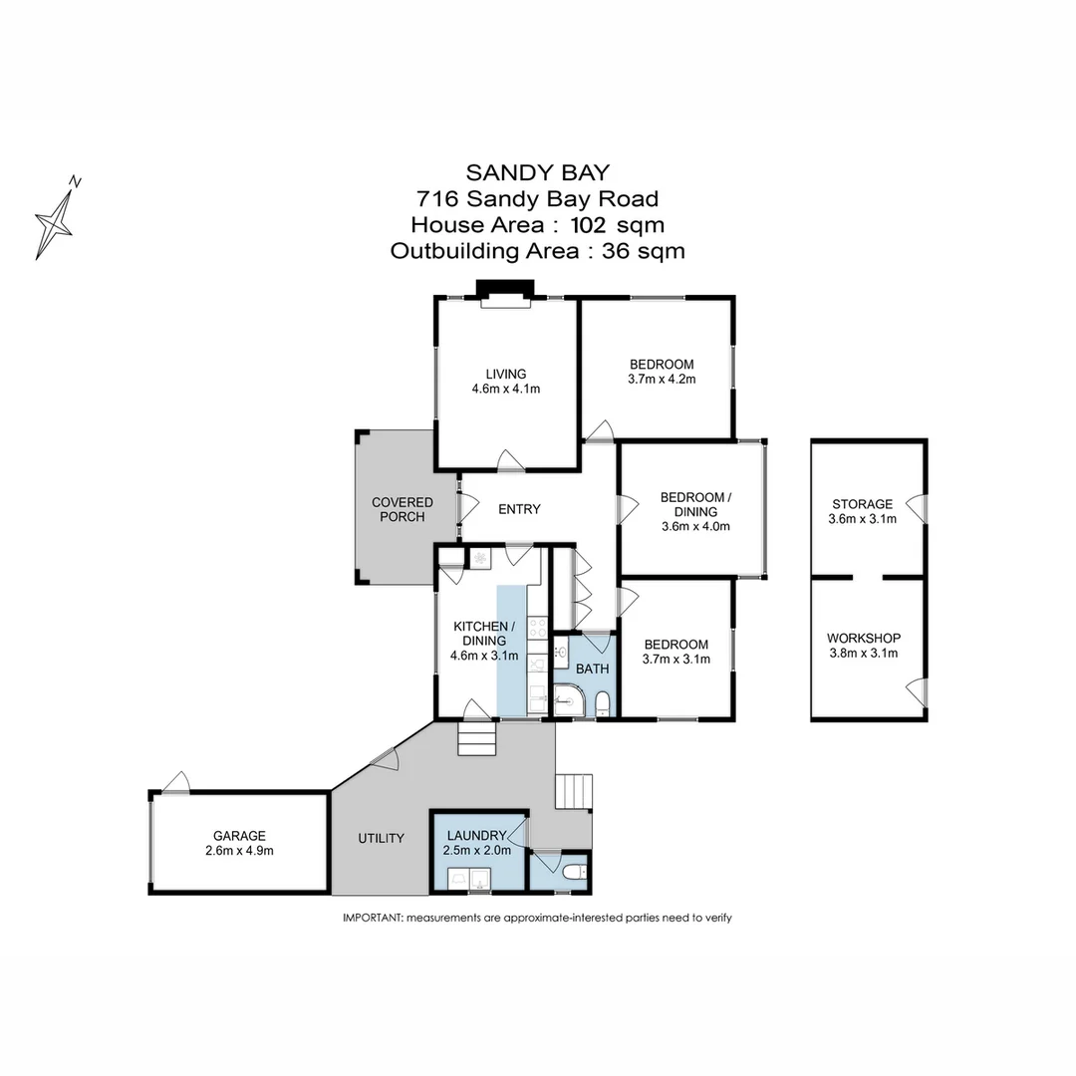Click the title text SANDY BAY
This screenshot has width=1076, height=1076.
tap(538, 173)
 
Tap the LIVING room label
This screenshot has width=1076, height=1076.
tap(506, 375)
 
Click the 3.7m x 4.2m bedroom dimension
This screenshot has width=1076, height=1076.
tap(662, 380)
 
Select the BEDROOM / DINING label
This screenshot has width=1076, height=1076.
tap(696, 505)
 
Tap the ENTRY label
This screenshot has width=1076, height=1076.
tap(519, 509)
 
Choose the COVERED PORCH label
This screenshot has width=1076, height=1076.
tap(403, 509)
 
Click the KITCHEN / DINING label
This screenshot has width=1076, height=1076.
tap(484, 633)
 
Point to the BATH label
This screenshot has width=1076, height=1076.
tap(592, 669)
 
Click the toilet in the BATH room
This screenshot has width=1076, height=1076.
tap(602, 706)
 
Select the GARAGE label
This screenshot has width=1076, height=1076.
tap(238, 836)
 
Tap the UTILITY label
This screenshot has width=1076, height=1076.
tap(381, 838)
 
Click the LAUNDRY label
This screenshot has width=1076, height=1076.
tap(476, 835)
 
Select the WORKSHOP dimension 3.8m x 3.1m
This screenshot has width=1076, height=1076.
tap(863, 654)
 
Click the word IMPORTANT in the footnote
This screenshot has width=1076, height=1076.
tap(373, 918)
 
